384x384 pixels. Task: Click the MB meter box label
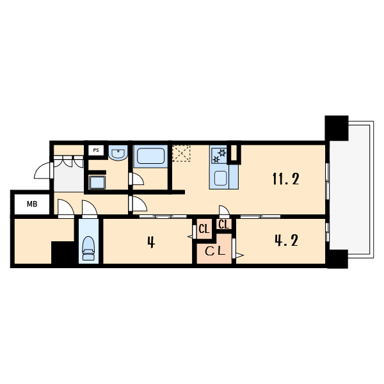tap(32, 204)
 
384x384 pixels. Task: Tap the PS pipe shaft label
tap(96, 150)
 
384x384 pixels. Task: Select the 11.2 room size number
tap(286, 179)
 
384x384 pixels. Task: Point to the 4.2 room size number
tap(286, 240)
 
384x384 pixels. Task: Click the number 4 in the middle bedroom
tap(151, 243)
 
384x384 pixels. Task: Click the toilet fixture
tap(88, 248)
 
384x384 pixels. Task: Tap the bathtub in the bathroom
tap(150, 156)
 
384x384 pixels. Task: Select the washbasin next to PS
tap(118, 153)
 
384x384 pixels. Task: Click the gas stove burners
tap(219, 156)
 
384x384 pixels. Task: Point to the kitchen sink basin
tap(220, 178)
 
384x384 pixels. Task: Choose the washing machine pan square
tap(97, 182)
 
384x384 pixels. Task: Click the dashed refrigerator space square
tap(181, 154)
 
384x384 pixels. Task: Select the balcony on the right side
tap(351, 190)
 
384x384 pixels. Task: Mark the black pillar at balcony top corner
tap(337, 128)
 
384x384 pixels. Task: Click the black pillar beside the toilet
tap(63, 253)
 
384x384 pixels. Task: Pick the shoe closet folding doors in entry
tap(68, 162)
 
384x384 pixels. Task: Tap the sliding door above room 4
tap(163, 216)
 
